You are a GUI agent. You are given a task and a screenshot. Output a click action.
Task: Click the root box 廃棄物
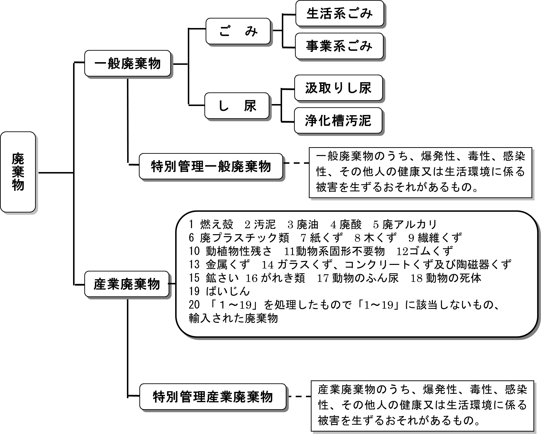coord(18,172)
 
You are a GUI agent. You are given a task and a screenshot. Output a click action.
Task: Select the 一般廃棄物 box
coord(127,64)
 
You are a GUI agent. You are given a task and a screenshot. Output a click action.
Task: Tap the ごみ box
coord(238,31)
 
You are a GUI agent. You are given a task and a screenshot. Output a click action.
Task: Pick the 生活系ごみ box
coord(340,14)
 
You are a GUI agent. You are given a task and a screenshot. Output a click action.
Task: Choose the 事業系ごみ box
coord(339,46)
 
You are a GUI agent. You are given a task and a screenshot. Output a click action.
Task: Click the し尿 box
coord(237,106)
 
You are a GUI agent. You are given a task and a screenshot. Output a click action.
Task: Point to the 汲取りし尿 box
coord(338,88)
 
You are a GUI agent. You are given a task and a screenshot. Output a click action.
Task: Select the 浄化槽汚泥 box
coord(338,120)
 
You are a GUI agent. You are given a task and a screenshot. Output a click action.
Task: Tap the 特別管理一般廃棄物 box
coord(211,166)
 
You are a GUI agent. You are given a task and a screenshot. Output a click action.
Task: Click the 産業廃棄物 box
coord(127,284)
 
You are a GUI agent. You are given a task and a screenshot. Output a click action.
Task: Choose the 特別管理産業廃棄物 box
coord(213,397)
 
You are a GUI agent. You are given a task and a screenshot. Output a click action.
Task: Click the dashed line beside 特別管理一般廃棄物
coord(296,163)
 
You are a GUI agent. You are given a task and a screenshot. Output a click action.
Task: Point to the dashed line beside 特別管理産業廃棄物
coord(300,397)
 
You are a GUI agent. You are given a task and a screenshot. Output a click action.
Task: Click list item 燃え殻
coord(216,224)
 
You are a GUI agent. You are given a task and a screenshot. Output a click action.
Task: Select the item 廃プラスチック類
coord(244,238)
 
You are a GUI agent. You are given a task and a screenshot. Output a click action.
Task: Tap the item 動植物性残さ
coord(238,251)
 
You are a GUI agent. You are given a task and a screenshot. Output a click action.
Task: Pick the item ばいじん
coord(227,291)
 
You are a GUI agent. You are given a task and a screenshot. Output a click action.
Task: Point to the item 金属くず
coord(228,264)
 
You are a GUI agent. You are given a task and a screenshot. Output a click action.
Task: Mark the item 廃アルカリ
coord(409,224)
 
